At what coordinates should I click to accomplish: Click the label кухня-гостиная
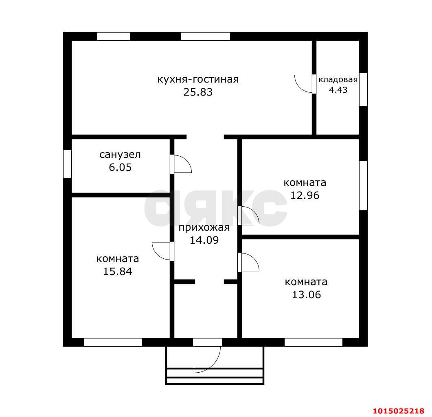point(198,80)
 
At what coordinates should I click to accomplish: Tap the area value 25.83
point(198,92)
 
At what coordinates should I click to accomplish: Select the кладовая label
point(338,80)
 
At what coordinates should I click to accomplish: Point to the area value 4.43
point(338,90)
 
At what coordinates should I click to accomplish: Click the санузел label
point(120,155)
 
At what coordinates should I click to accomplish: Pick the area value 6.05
point(120,167)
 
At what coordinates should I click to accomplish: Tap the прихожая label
point(204,228)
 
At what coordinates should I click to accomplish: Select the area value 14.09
point(204,240)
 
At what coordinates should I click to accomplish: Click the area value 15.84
point(118,272)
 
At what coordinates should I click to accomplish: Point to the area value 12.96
point(305,195)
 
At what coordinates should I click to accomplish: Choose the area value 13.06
point(306,295)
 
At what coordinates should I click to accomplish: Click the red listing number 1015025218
point(399,411)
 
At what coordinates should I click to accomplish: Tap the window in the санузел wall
point(67,164)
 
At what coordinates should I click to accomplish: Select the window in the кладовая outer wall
point(364,90)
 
